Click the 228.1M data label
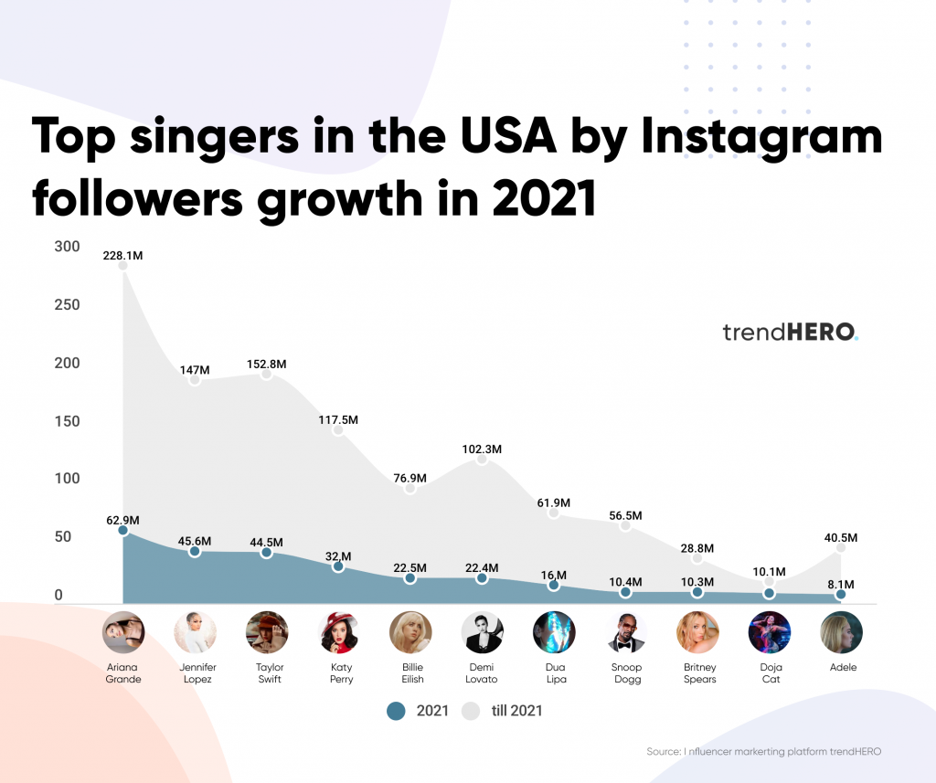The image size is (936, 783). [122, 256]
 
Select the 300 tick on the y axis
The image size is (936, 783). [66, 247]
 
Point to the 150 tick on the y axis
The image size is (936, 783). [66, 421]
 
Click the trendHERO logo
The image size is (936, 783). [791, 332]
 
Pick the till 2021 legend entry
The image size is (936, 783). [502, 710]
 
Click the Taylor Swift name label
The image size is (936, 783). [267, 672]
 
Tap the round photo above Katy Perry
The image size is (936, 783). [338, 632]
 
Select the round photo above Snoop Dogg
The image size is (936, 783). [626, 632]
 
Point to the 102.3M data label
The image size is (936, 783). [483, 450]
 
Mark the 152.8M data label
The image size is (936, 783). [267, 364]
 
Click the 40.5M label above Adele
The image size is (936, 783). [841, 537]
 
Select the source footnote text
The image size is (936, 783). [763, 751]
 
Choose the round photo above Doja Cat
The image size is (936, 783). [770, 632]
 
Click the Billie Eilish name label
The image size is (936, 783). [410, 672]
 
